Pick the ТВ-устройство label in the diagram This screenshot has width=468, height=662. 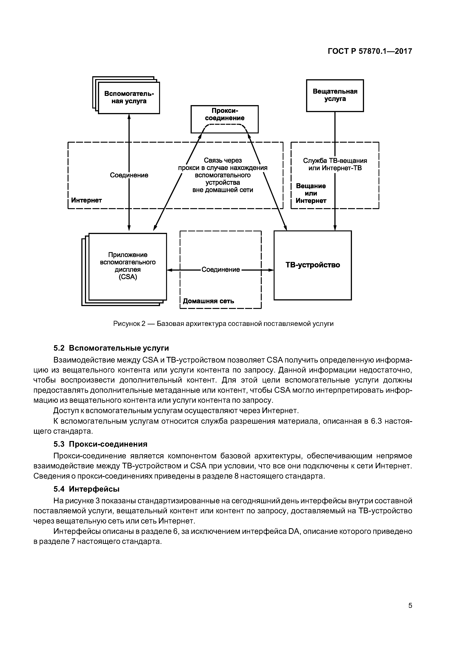[313, 265]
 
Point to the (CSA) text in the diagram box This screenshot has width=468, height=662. [128, 277]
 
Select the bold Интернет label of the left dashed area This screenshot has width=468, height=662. [86, 200]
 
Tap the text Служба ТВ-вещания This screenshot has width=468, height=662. [335, 161]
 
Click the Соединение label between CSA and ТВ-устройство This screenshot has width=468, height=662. [221, 270]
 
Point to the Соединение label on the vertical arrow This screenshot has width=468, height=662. [129, 175]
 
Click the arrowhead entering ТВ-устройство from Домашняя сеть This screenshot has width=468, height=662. [271, 270]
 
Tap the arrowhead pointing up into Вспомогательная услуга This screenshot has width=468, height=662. [129, 116]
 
